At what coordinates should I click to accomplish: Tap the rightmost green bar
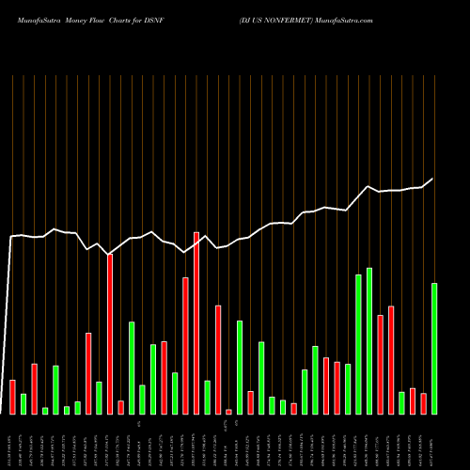(x=434, y=348)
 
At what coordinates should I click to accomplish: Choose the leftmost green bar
(x=23, y=403)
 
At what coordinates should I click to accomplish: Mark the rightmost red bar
(x=423, y=403)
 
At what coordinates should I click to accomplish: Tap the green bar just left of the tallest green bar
(x=358, y=344)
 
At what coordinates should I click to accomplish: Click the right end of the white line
(x=433, y=179)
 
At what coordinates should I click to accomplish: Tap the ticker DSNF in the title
(x=165, y=19)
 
